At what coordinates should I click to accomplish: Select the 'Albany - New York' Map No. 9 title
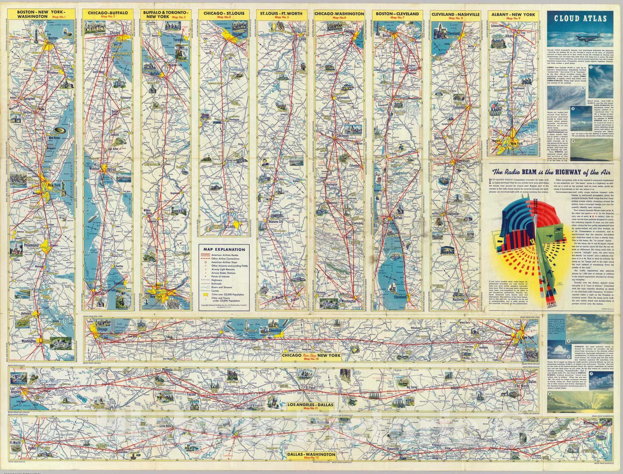[513, 15]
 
